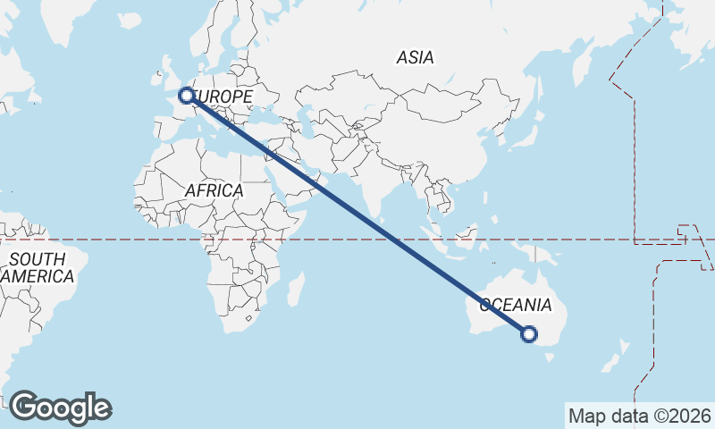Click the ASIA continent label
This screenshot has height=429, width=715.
[415, 57]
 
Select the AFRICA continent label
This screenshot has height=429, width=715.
[214, 190]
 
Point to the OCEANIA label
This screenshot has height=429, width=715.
[516, 305]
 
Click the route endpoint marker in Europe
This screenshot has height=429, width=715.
[186, 95]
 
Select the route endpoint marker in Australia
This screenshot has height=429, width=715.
[529, 334]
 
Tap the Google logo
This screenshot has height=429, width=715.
[60, 408]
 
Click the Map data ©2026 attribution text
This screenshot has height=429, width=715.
[640, 416]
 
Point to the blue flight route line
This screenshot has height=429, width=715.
[357, 214]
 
